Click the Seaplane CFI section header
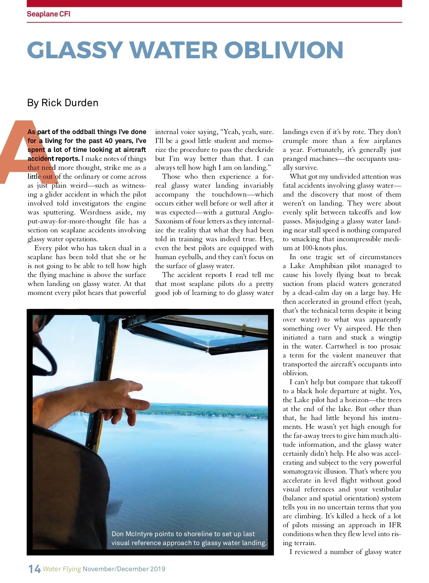point(49,14)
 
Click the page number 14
point(34,569)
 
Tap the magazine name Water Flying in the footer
point(62,569)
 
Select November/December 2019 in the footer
point(124,569)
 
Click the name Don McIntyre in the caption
point(131,534)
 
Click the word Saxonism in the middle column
point(169,221)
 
